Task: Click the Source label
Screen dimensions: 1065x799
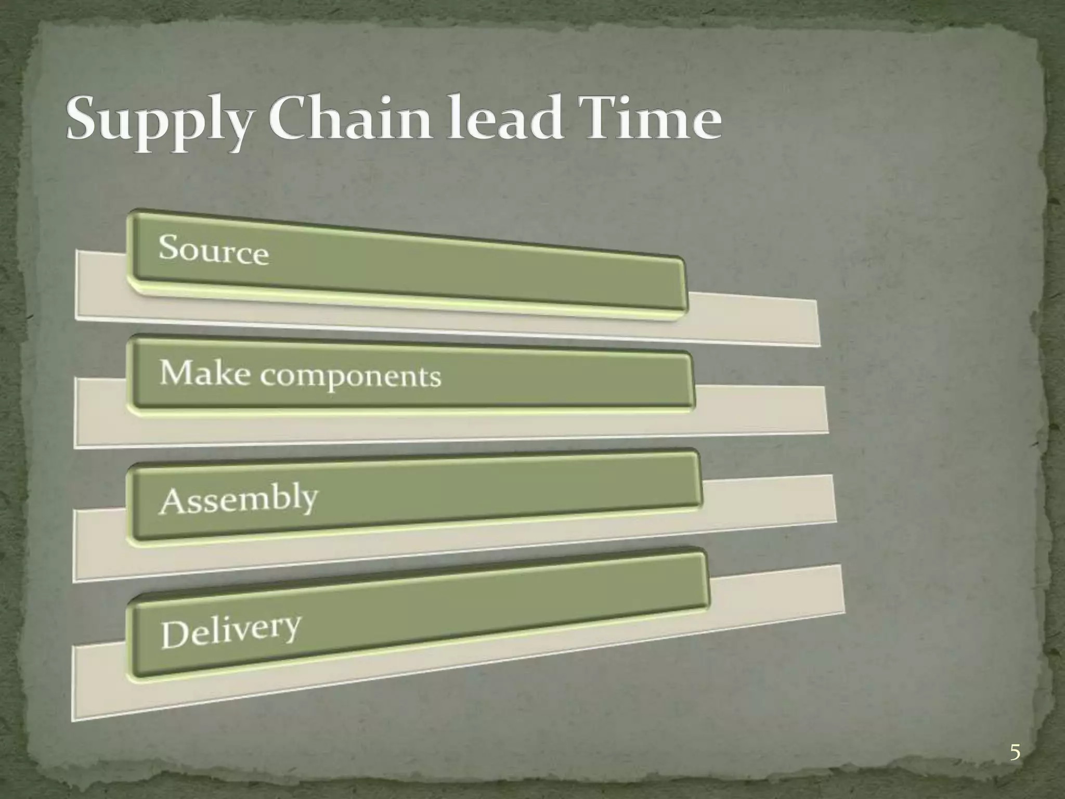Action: (x=213, y=249)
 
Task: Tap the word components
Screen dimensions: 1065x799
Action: (x=350, y=375)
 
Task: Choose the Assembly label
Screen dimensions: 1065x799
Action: (x=238, y=500)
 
